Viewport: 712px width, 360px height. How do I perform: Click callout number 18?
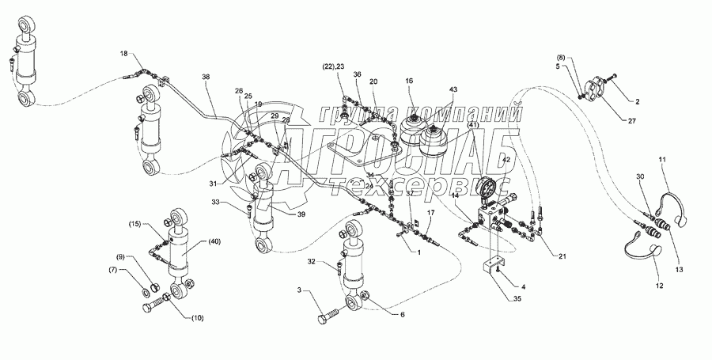click(x=123, y=53)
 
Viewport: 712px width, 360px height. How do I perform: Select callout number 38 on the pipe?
click(x=206, y=78)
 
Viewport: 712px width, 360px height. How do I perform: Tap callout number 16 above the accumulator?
click(x=409, y=81)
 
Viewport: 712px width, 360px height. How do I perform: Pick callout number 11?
click(x=663, y=161)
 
